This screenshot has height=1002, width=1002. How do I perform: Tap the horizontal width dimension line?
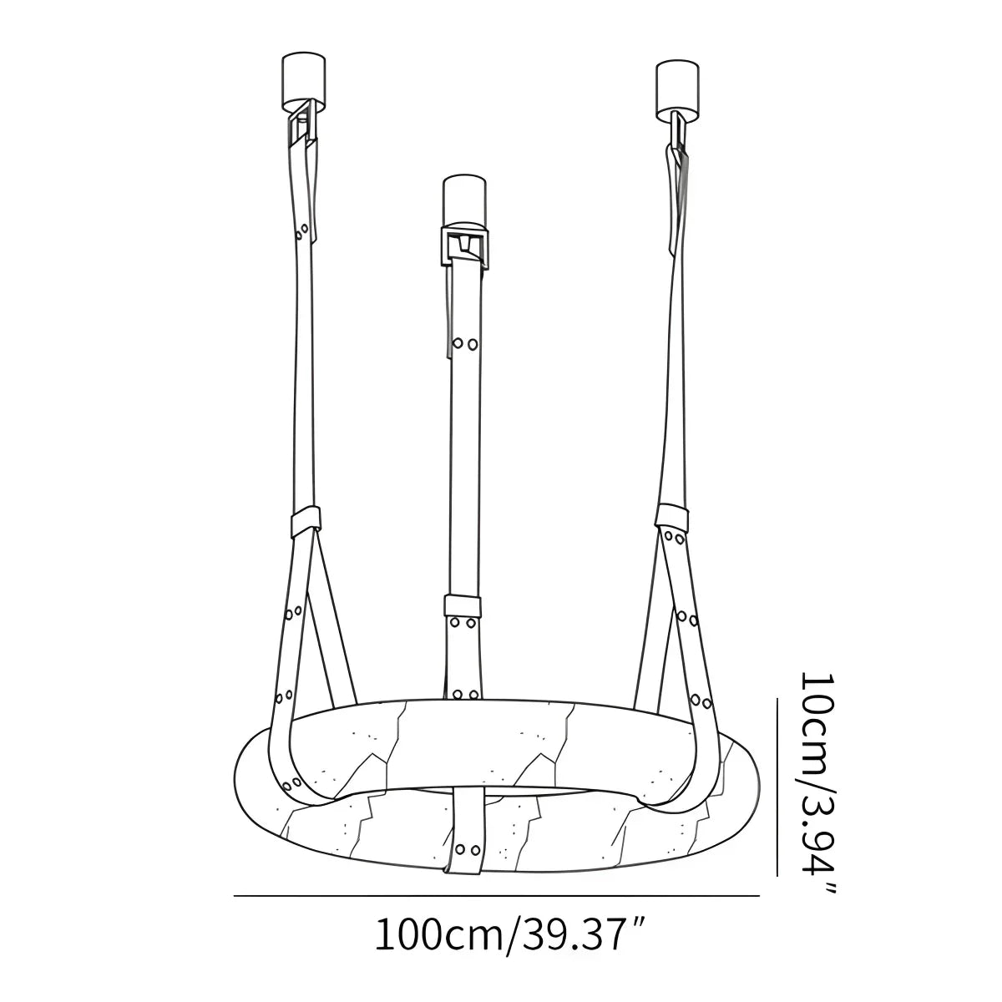[497, 895]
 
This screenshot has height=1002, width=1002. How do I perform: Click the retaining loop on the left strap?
[306, 523]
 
